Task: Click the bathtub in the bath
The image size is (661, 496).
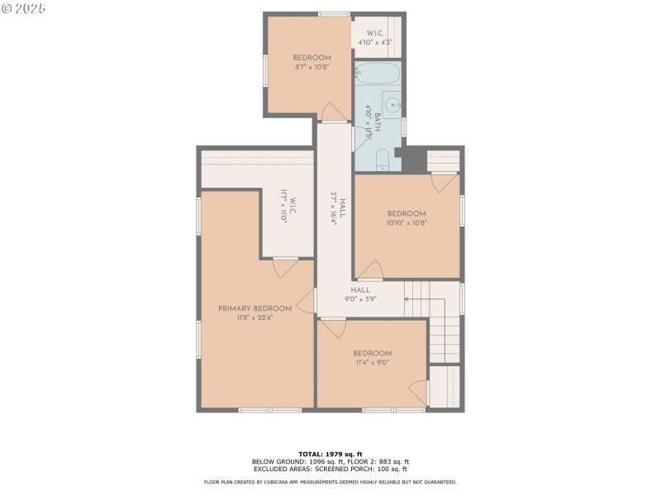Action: [378, 74]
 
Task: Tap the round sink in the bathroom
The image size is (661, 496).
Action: [394, 105]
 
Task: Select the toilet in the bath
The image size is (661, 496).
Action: [383, 159]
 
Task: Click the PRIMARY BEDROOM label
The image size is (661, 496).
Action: [255, 308]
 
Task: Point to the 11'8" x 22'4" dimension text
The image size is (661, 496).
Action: [255, 317]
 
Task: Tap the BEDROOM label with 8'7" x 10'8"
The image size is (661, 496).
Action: [311, 58]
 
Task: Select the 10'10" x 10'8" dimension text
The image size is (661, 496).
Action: [407, 222]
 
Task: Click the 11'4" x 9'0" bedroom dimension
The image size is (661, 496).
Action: [372, 362]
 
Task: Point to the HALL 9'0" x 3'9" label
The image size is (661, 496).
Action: [360, 294]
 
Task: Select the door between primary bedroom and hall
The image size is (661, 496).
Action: [307, 301]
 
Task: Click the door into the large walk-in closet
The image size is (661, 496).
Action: [285, 268]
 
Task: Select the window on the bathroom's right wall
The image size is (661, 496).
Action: [403, 126]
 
